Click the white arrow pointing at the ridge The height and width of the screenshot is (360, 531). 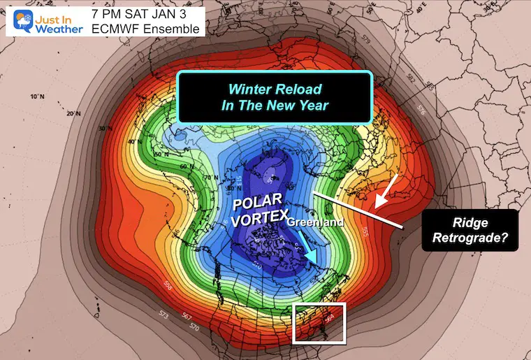(387, 190)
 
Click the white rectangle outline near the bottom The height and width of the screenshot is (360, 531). (319, 323)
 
